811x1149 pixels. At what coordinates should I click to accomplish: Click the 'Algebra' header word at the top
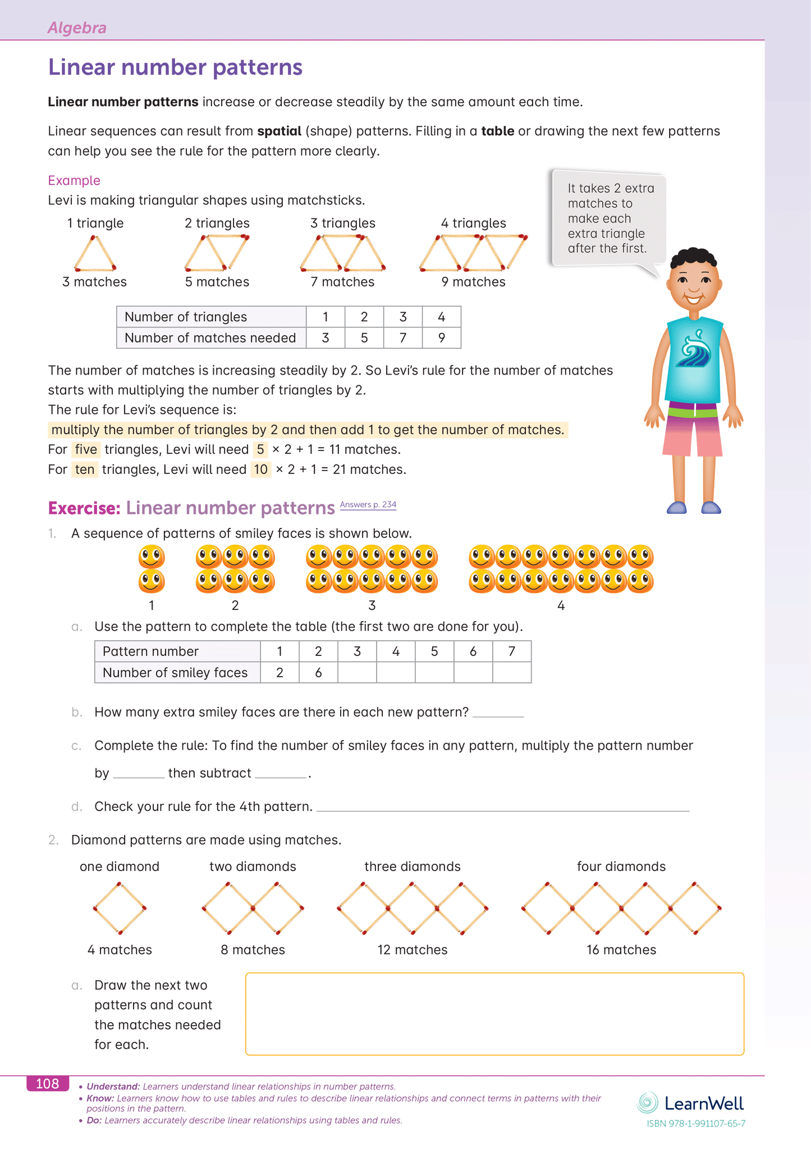point(77,28)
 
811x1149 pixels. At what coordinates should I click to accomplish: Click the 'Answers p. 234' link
point(368,504)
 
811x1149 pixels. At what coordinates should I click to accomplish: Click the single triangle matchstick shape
point(95,253)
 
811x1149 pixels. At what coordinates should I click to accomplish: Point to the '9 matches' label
point(473,282)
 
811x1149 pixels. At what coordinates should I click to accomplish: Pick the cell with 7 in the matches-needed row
point(403,338)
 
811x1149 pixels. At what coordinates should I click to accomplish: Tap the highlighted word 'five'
point(86,449)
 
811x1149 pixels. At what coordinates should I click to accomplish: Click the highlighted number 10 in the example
point(260,469)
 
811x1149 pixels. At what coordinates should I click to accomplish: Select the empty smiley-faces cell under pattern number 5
point(434,672)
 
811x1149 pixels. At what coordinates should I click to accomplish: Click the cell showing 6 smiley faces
point(318,672)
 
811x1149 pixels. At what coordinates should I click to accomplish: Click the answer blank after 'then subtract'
point(281,774)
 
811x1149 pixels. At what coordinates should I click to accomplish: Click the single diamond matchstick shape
point(120,908)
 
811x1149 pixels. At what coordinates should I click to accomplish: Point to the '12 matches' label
point(413,950)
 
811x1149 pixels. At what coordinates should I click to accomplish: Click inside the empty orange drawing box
point(494,1014)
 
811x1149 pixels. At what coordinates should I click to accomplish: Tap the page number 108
point(48,1083)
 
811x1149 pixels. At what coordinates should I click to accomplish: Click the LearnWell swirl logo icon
point(647,1103)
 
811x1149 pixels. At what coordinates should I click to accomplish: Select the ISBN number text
point(696,1124)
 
